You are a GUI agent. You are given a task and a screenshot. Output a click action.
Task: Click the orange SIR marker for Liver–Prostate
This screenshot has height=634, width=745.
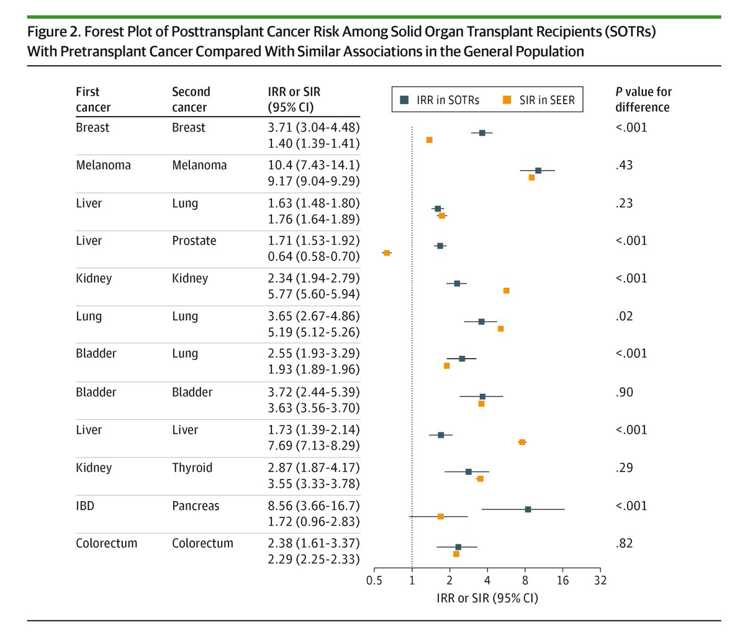(387, 253)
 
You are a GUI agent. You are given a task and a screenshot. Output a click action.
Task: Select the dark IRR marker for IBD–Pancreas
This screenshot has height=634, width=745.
(528, 509)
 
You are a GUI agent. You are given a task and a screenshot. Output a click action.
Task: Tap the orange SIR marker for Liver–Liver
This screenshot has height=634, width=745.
(522, 442)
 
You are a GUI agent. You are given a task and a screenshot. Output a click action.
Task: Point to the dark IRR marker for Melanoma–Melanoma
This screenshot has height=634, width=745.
(538, 171)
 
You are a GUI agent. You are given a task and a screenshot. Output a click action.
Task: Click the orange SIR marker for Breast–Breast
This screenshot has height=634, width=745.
(429, 140)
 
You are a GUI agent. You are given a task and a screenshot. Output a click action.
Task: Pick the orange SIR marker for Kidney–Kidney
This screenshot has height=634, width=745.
(506, 290)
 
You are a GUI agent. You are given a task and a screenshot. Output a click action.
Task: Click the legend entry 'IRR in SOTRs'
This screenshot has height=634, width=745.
(440, 100)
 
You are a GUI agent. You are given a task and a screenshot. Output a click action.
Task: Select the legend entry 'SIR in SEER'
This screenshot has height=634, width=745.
(540, 100)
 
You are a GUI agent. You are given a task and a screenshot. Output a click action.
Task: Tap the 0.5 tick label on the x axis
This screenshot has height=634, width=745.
(374, 581)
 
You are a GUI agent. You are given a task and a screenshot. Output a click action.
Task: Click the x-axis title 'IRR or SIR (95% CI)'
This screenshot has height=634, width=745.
(487, 599)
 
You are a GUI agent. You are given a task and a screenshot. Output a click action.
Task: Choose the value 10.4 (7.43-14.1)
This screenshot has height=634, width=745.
(314, 166)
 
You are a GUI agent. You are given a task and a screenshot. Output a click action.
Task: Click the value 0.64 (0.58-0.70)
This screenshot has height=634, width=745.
(314, 256)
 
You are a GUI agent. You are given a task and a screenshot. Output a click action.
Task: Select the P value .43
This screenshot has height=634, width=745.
(624, 166)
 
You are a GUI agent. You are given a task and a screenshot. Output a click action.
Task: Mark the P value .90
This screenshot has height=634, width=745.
(624, 392)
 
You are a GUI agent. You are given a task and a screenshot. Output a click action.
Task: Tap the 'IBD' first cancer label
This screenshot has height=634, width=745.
(85, 506)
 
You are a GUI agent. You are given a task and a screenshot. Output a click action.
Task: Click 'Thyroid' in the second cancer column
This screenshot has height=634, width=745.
(192, 468)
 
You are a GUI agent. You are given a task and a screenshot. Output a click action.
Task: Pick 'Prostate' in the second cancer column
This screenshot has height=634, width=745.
(194, 241)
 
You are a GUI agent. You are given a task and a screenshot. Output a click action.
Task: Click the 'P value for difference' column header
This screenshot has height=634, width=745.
(643, 99)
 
